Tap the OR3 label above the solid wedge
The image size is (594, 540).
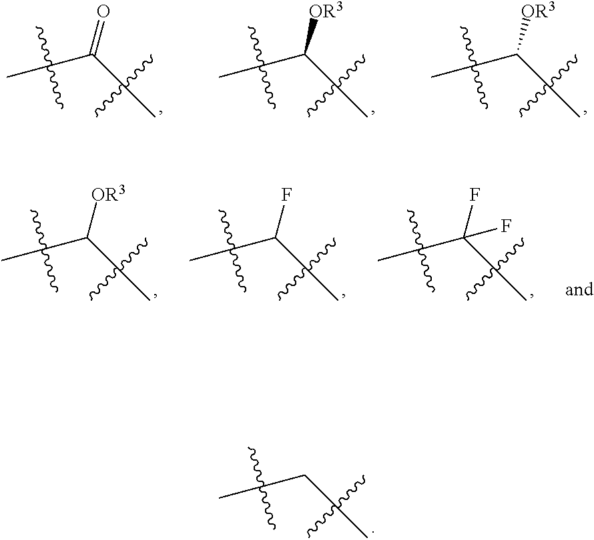pyautogui.click(x=320, y=13)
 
